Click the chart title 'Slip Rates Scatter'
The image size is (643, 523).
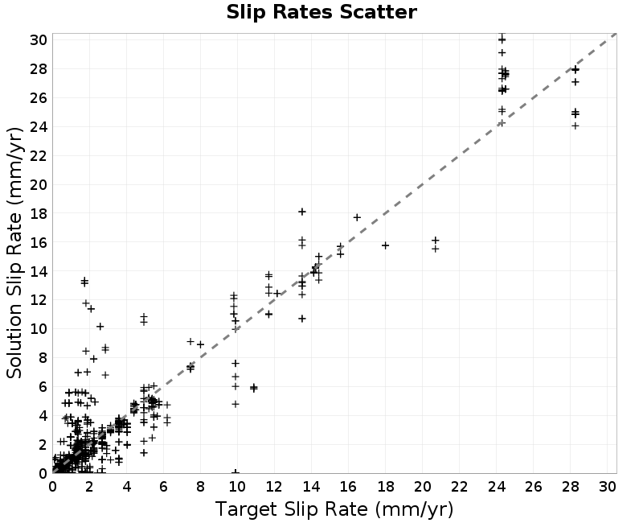tap(321, 12)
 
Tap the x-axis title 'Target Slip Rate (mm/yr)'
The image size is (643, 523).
tap(334, 509)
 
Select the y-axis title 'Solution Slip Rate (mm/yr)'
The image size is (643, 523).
tap(14, 253)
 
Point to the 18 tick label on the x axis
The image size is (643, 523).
tap(385, 487)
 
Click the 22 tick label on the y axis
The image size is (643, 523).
tap(39, 156)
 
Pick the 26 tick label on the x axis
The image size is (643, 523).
tap(533, 487)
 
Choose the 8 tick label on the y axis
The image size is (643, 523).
tap(43, 358)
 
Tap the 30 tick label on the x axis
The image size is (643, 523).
tap(608, 487)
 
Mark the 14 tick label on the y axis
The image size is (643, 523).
tap(39, 271)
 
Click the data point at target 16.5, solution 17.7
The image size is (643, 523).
tap(357, 217)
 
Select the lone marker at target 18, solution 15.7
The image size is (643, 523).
tap(385, 245)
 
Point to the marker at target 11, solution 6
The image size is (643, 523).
tap(254, 388)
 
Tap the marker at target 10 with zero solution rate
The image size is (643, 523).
tap(235, 472)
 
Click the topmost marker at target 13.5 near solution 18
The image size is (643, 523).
tap(302, 212)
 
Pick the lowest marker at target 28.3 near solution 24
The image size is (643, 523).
tap(575, 126)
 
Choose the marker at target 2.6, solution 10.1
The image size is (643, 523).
tap(100, 327)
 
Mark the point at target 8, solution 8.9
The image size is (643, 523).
tap(200, 344)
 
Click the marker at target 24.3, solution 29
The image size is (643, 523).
tap(502, 52)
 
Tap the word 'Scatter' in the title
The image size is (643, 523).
tap(378, 12)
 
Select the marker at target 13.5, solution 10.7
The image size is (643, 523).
tap(302, 319)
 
